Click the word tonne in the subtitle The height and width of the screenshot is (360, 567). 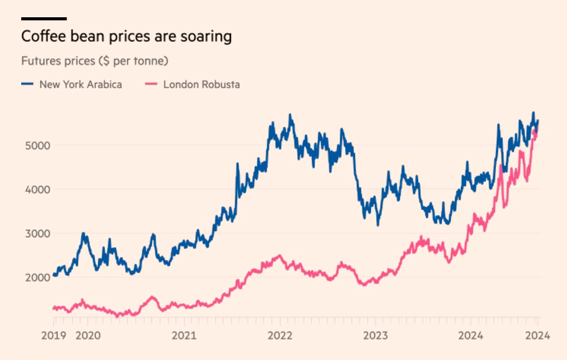pyautogui.click(x=151, y=61)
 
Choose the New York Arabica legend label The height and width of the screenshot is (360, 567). pyautogui.click(x=80, y=84)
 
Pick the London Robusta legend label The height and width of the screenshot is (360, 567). pyautogui.click(x=202, y=84)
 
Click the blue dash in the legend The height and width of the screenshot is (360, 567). pyautogui.click(x=27, y=84)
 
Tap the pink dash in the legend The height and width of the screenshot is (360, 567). pyautogui.click(x=152, y=84)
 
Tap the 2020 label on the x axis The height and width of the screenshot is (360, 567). pyautogui.click(x=88, y=336)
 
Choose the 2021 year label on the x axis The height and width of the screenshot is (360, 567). pyautogui.click(x=184, y=336)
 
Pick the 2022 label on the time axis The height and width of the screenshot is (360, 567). pyautogui.click(x=280, y=336)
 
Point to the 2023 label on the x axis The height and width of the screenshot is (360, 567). pyautogui.click(x=375, y=336)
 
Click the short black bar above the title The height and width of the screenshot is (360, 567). pyautogui.click(x=44, y=19)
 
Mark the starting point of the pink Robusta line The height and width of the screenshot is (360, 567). pyautogui.click(x=53, y=308)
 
